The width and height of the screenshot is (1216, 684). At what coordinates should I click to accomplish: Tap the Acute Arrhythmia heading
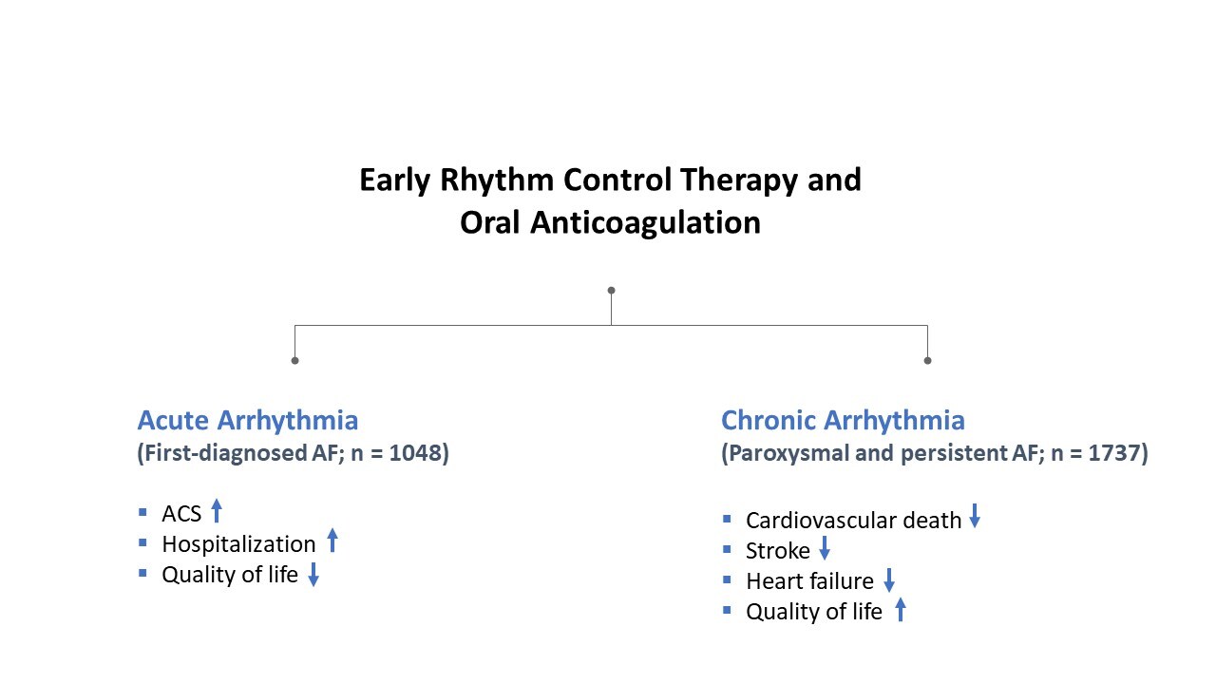247,420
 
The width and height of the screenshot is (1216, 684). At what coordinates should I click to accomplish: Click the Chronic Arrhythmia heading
843,420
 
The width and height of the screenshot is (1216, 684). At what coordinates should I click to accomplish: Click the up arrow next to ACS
217,512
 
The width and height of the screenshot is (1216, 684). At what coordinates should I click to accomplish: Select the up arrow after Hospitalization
332,541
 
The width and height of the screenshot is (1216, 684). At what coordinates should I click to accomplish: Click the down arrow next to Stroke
825,549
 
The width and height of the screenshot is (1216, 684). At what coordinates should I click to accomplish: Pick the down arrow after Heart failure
889,579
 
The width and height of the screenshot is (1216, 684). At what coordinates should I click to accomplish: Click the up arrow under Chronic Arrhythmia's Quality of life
901,610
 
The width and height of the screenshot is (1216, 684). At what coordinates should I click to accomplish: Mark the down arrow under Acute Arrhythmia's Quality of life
313,575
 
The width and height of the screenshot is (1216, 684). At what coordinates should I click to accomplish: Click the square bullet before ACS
143,513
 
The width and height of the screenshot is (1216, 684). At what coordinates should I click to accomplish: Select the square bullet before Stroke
727,549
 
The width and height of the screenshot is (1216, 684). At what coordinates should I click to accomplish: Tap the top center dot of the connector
611,290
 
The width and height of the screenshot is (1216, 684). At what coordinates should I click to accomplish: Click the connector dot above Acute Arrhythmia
294,360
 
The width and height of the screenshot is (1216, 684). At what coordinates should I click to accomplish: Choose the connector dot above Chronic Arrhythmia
927,360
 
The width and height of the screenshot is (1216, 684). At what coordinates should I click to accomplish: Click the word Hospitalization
238,544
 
